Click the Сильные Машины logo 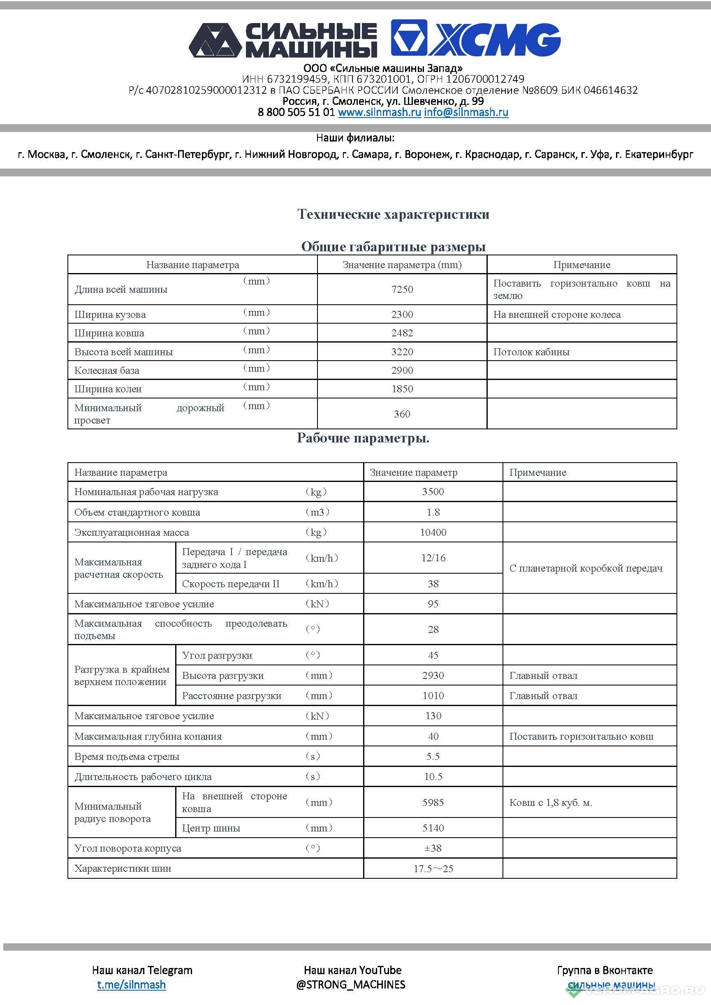(283, 40)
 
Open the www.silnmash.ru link (379, 112)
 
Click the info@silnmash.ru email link (466, 112)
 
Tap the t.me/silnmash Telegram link (131, 984)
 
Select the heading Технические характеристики (393, 214)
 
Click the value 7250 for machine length (402, 289)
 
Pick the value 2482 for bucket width (402, 333)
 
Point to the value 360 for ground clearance (402, 414)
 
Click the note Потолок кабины (531, 352)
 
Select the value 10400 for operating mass (433, 532)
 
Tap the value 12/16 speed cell (433, 558)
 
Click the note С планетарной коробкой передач (586, 568)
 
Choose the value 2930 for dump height (433, 675)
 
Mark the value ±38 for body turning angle (433, 848)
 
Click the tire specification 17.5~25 (433, 868)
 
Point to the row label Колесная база (107, 371)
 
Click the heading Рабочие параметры (363, 438)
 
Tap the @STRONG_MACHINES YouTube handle (351, 984)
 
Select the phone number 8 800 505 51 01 (296, 112)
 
